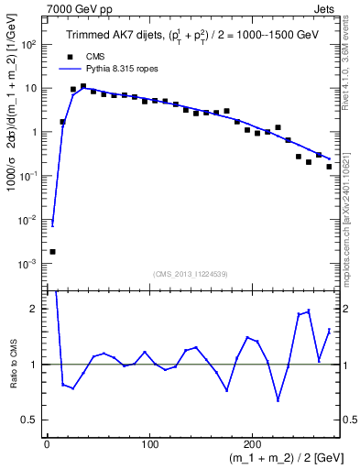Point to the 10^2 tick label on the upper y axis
click(x=29, y=44)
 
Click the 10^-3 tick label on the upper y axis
click(x=29, y=264)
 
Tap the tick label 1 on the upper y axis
click(x=34, y=132)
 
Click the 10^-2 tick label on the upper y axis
click(x=29, y=220)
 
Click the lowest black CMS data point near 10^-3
click(x=52, y=252)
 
